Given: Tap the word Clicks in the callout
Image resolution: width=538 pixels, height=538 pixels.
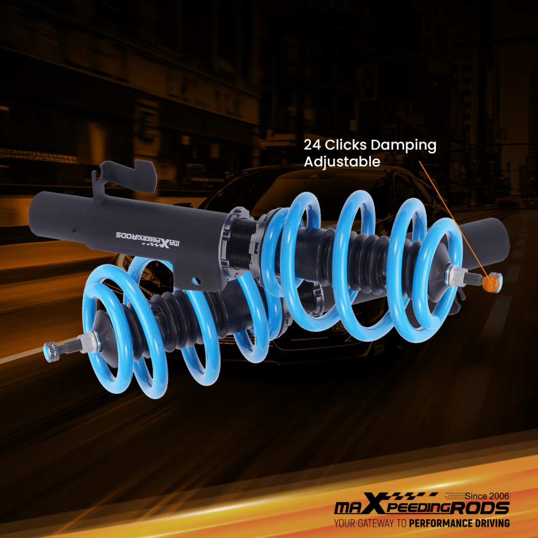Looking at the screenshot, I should point(346,145).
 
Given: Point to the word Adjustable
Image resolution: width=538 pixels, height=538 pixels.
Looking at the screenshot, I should point(342,162).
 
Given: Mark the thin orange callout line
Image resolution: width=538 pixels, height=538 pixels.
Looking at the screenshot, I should point(452,215).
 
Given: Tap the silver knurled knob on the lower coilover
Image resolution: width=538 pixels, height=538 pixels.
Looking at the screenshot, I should point(52,351).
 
